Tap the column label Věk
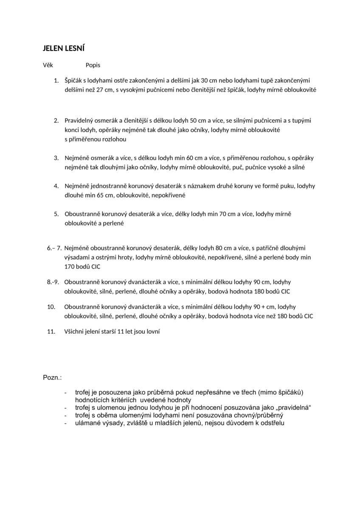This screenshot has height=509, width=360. tap(48, 65)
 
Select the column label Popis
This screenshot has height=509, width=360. tap(93, 65)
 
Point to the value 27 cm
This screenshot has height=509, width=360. tap(100, 90)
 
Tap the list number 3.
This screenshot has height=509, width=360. tap(56, 158)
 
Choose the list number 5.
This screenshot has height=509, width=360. tap(56, 214)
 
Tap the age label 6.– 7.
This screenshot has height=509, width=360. tap(55, 248)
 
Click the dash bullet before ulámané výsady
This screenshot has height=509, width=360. tap(65, 423)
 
